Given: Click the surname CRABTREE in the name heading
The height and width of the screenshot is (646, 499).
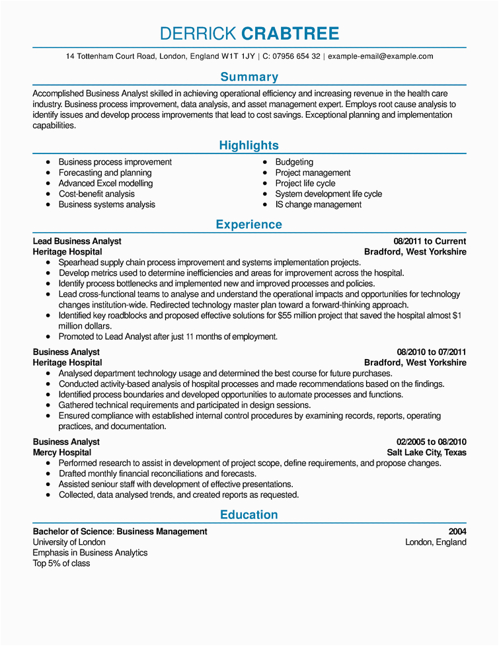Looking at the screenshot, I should (x=290, y=34).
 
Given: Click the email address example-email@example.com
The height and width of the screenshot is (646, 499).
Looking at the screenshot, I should (x=380, y=57).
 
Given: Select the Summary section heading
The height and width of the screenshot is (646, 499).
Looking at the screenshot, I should (x=249, y=77).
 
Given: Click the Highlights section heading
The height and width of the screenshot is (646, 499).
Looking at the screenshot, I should (x=249, y=145).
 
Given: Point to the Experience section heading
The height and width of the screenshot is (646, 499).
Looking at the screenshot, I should (x=249, y=225).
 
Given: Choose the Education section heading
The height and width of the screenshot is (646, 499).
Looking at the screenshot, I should (x=249, y=515).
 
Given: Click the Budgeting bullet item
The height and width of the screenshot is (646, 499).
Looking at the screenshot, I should (x=294, y=162).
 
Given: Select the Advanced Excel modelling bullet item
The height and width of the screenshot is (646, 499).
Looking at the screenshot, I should (x=106, y=183).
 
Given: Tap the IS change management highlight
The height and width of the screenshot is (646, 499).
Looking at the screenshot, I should (x=318, y=204).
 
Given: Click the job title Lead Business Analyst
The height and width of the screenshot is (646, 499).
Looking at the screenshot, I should (x=77, y=241).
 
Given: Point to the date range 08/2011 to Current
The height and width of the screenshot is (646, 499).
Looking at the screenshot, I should (x=430, y=241).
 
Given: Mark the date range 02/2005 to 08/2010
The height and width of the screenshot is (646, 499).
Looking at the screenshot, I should (x=432, y=442).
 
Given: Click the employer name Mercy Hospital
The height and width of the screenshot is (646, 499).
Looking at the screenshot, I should (x=62, y=452).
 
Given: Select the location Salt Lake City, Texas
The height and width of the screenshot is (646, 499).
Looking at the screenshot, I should (x=426, y=452).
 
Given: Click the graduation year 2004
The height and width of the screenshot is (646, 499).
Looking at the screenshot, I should (x=457, y=532).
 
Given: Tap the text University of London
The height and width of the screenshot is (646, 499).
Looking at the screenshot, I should (x=69, y=542).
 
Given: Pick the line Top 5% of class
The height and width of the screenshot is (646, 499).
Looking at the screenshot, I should (x=61, y=563).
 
